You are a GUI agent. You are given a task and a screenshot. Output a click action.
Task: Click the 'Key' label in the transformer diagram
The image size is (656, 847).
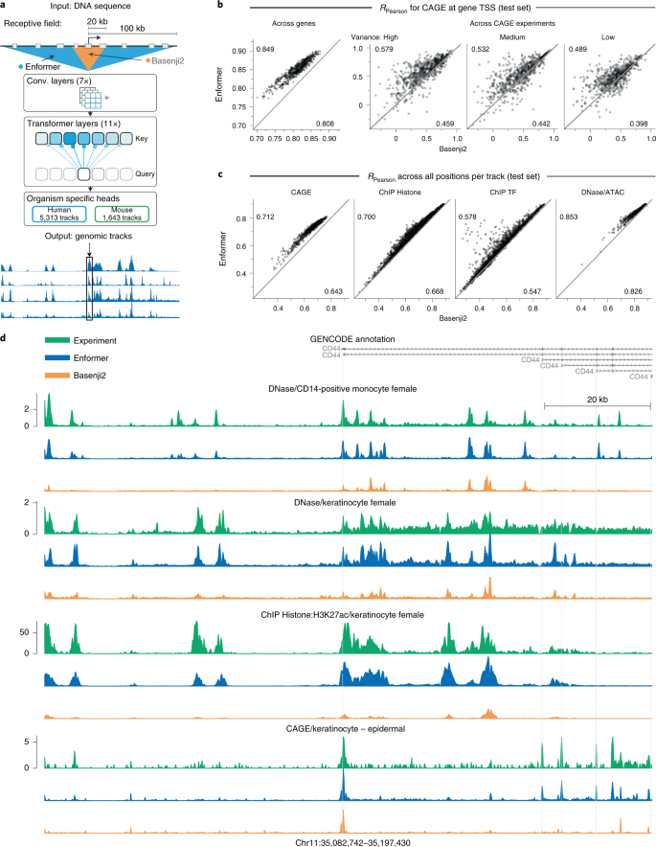(x=166, y=138)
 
